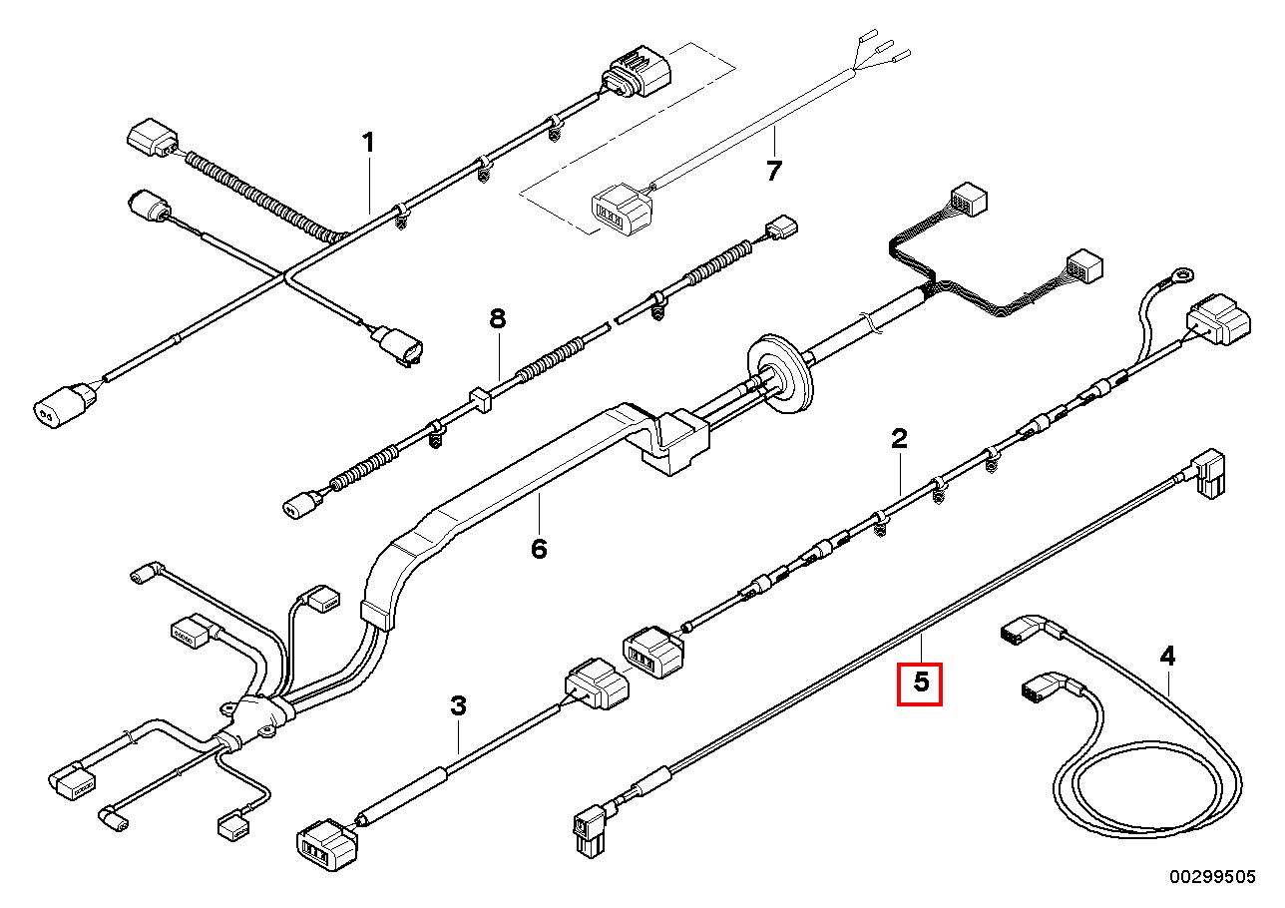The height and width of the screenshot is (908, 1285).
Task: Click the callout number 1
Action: click(x=368, y=144)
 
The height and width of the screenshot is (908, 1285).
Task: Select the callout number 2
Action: click(x=899, y=438)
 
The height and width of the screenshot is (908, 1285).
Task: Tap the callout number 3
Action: click(x=458, y=706)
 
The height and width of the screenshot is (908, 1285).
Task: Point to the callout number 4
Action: click(x=1167, y=657)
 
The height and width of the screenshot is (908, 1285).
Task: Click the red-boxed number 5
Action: click(x=920, y=683)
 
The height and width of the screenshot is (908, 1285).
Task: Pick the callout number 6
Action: click(x=539, y=548)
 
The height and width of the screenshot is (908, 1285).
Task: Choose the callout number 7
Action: click(x=774, y=172)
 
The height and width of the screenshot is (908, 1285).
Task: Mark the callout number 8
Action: click(x=497, y=320)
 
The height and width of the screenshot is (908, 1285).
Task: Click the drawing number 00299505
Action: click(x=1212, y=876)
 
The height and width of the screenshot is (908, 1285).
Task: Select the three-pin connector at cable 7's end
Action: click(x=619, y=209)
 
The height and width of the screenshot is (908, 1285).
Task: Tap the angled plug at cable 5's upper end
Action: click(x=1207, y=473)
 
